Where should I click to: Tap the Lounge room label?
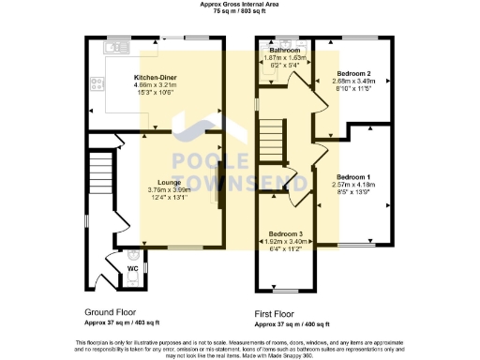pyautogui.click(x=169, y=183)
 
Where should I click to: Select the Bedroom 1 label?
pyautogui.click(x=353, y=177)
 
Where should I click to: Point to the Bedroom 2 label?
pyautogui.click(x=353, y=73)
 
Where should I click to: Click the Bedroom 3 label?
pyautogui.click(x=286, y=232)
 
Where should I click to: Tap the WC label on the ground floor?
pyautogui.click(x=132, y=268)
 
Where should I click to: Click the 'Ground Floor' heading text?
pyautogui.click(x=113, y=312)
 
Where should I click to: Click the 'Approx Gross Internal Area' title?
pyautogui.click(x=239, y=5)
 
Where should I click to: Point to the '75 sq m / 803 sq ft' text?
pyautogui.click(x=239, y=13)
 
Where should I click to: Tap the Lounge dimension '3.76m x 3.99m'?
pyautogui.click(x=169, y=190)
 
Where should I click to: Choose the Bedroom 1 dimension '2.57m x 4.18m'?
pyautogui.click(x=353, y=185)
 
